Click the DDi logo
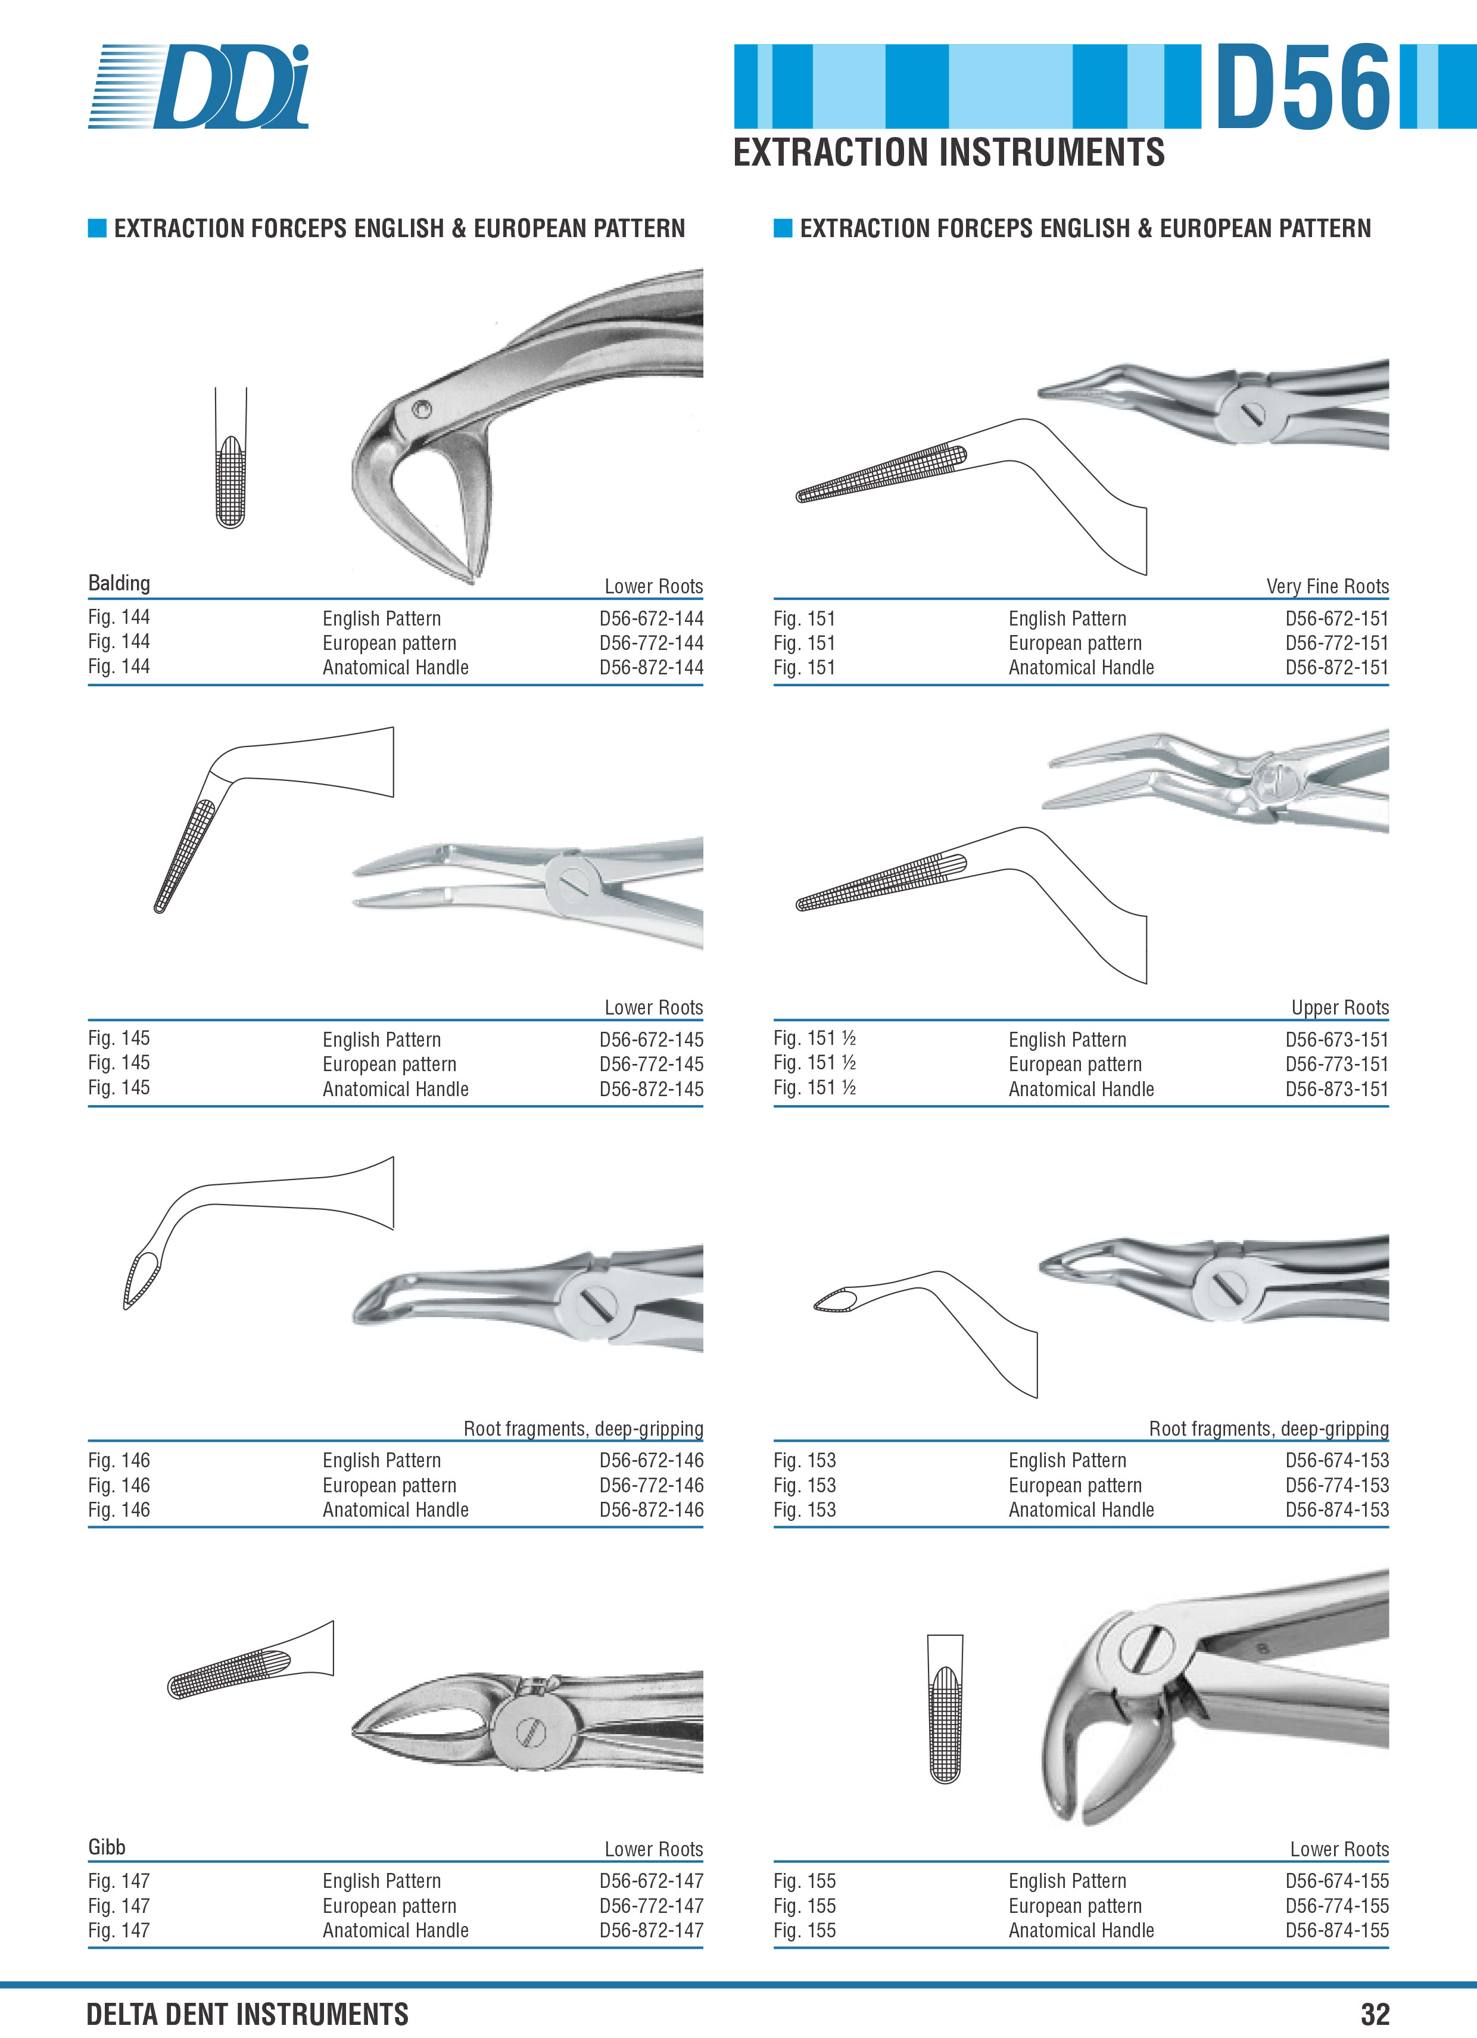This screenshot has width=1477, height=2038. [198, 86]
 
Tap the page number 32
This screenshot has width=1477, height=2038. [1375, 2014]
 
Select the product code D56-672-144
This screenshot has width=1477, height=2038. [652, 618]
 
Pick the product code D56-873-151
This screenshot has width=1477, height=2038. [1337, 1088]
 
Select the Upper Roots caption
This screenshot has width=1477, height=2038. [1339, 1007]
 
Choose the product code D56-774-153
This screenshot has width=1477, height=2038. [1337, 1485]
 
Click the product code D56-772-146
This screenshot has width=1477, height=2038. [652, 1485]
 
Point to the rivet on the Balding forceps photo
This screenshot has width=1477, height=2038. [421, 410]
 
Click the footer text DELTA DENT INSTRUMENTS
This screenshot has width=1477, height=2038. [247, 2014]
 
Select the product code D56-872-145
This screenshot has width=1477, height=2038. [652, 1088]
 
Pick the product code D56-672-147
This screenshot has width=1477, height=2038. [652, 1881]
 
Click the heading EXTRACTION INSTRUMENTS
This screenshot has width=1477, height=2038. [949, 152]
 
